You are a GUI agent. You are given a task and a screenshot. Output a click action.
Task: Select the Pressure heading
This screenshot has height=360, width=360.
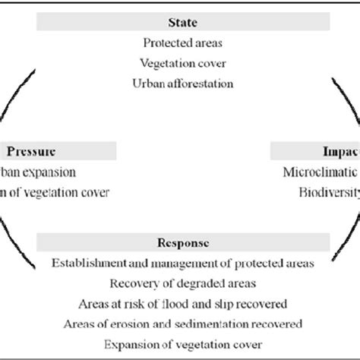[31, 151]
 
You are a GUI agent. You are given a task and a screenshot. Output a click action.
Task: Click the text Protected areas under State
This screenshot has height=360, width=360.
[180, 45]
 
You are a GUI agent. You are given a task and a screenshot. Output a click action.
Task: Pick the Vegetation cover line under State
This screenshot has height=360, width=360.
[180, 63]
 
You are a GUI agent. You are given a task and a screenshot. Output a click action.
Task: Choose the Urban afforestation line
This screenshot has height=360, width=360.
[180, 82]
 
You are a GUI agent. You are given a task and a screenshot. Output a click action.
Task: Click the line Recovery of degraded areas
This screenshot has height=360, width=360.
[180, 284]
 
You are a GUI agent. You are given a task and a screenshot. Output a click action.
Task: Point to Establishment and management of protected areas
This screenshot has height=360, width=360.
[180, 264]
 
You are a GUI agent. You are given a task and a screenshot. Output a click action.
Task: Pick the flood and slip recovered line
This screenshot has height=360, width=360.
[180, 304]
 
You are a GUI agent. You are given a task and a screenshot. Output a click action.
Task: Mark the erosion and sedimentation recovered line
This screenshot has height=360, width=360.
[180, 324]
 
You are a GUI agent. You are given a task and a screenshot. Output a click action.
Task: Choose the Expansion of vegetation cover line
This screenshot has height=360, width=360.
[180, 344]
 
